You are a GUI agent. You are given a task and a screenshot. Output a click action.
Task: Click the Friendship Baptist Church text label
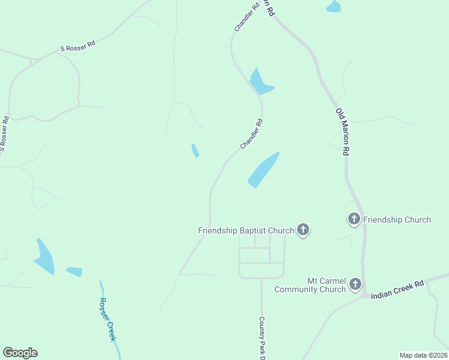[x=246, y=230]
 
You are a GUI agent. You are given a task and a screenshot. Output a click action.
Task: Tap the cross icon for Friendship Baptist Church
[x=303, y=229]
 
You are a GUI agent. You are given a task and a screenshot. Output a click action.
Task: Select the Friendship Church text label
[x=397, y=220]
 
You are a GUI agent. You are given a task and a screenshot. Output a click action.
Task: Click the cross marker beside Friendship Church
[x=354, y=219]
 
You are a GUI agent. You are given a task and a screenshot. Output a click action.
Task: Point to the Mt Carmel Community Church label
[x=310, y=285]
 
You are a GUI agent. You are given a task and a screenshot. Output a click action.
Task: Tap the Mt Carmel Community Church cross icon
[x=355, y=284]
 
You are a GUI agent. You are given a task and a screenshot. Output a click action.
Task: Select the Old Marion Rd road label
[x=343, y=133]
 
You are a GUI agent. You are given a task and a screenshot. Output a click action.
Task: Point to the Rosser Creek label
[x=107, y=319]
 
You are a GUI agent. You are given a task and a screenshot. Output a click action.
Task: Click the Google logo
[x=20, y=353]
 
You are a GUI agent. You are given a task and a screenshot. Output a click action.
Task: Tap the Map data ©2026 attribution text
[x=423, y=355]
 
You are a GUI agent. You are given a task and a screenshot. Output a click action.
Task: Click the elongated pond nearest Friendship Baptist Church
[x=263, y=170]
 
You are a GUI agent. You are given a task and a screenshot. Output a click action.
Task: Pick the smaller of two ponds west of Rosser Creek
[x=74, y=272]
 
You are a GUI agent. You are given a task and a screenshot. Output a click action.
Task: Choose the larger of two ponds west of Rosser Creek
[x=45, y=259]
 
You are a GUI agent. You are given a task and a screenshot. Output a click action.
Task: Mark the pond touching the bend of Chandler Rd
[x=260, y=82]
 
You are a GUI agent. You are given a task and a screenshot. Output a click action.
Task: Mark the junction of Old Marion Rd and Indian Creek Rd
[x=364, y=295]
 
